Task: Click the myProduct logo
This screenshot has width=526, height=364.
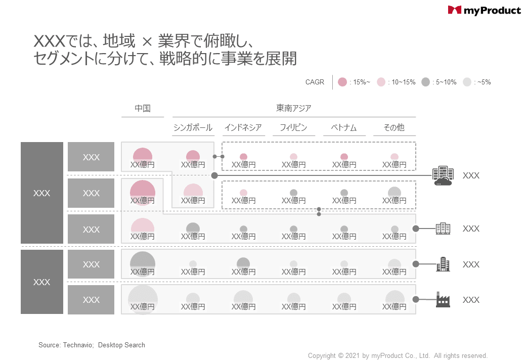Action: click(484, 10)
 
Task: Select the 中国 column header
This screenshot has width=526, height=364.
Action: click(143, 108)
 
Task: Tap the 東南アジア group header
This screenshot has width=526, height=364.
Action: click(294, 108)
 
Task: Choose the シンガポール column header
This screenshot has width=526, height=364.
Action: click(193, 127)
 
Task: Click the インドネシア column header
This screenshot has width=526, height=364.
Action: click(243, 127)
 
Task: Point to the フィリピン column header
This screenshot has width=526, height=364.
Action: click(293, 127)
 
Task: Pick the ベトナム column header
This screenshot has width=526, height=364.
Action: click(344, 127)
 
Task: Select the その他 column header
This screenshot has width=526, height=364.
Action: click(394, 127)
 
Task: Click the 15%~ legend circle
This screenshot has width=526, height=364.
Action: click(342, 82)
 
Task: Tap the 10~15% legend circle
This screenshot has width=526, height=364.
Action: click(381, 82)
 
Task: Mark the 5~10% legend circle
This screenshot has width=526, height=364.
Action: click(425, 82)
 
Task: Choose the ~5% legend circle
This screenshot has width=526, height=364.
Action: click(467, 82)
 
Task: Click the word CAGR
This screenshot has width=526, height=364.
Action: click(315, 82)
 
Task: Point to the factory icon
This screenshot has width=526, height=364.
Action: click(443, 299)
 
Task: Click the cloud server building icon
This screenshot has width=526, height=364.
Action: click(443, 176)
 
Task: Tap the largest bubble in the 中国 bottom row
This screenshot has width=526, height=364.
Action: click(143, 299)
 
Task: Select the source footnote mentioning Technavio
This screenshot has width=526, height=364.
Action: click(92, 345)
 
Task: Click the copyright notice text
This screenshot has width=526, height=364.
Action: click(398, 356)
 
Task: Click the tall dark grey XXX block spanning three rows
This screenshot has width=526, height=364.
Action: click(42, 193)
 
